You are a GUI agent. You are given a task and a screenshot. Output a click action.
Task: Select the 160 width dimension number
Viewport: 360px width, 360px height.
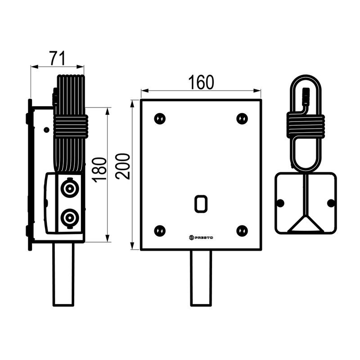201,82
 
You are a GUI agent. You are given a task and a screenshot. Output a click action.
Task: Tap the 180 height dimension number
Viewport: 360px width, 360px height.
99,170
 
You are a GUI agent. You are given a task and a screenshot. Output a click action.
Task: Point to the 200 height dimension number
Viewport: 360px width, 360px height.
123,166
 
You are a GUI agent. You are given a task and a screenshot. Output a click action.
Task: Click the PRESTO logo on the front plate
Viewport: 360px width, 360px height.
201,238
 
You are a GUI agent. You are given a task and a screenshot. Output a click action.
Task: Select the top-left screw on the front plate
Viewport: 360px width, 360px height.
160,119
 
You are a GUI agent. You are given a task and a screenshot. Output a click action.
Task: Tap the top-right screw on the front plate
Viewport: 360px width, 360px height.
242,119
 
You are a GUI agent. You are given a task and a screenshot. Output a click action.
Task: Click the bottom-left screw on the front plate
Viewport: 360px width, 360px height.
160,231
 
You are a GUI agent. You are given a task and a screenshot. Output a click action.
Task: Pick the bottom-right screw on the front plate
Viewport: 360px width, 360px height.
242,231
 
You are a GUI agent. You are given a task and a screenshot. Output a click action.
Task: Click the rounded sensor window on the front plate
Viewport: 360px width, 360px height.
201,204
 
